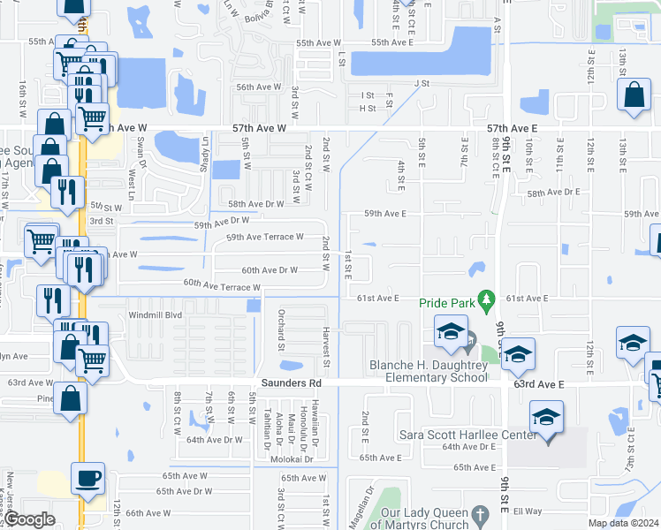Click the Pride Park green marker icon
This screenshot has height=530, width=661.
click(x=485, y=300)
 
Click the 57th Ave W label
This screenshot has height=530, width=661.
click(x=259, y=129)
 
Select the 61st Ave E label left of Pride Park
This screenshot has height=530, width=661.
click(x=379, y=299)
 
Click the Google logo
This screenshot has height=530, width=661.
click(x=29, y=520)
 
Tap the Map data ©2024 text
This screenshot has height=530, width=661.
click(x=623, y=523)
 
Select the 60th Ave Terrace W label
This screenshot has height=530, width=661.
click(x=222, y=285)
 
